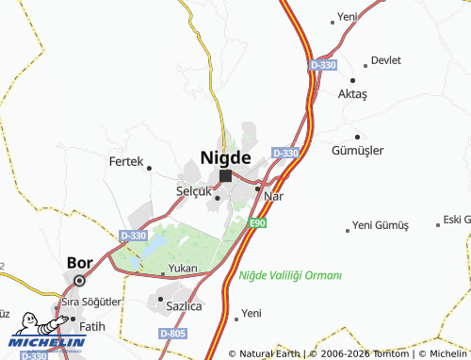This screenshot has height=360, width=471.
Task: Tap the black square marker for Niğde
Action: pos(226,175)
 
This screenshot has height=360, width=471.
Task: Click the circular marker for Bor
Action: pos(80,280)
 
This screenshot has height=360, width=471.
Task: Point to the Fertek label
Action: pos(125,162)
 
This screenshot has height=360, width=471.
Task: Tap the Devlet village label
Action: pos(386,60)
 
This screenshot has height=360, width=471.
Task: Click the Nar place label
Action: pos(273,196)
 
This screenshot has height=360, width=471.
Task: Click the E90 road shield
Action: pos(258,223)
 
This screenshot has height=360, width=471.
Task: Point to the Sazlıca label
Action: pos(184,306)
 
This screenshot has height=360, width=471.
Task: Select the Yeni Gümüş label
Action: pos(380,226)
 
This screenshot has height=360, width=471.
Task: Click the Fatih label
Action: pos(92,326)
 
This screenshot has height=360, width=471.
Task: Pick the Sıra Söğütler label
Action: pos(91,302)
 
